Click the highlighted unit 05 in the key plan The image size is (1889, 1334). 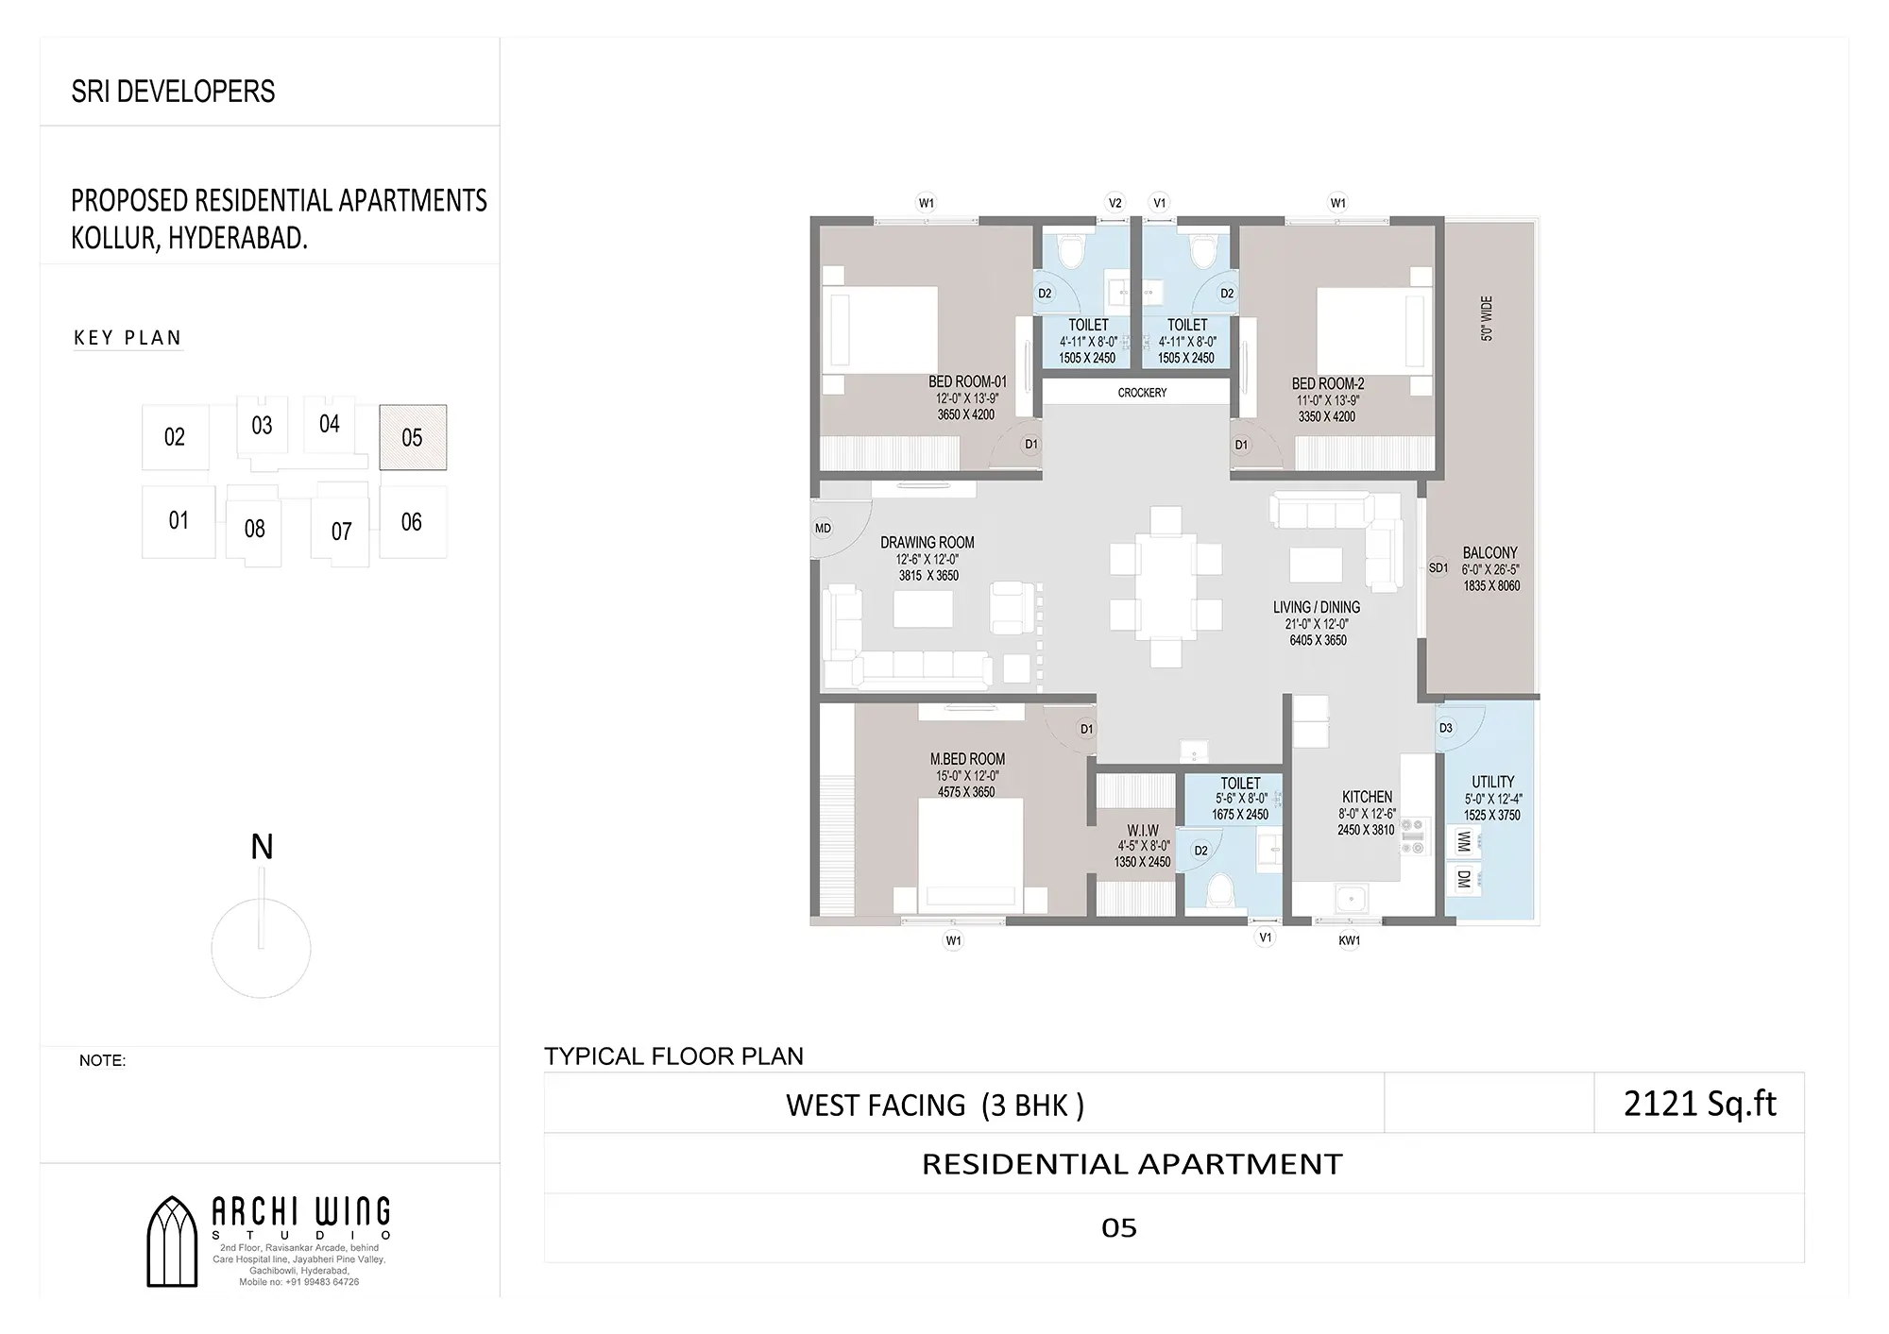point(413,437)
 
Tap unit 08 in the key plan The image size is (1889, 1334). point(254,529)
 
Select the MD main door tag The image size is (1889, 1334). point(823,529)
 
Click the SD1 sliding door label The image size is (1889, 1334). point(1438,568)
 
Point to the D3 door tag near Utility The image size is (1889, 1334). point(1445,728)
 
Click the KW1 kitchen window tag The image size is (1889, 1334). point(1350,940)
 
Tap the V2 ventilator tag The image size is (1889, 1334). point(1115,203)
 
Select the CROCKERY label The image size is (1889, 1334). point(1142,393)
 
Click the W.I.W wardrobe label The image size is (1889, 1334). point(1143,831)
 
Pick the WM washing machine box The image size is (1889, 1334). point(1464,840)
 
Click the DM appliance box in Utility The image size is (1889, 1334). point(1464,880)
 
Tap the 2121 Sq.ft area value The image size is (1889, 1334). point(1699,1104)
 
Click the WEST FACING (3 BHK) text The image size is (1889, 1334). point(935,1106)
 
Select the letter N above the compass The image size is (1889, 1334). point(262,847)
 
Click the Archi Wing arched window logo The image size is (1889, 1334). point(173,1241)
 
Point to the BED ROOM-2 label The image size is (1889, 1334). point(1328,384)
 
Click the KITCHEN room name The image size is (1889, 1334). point(1367,797)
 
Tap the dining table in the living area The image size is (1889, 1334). point(1166,586)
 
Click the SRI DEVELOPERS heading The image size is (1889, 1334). point(174,92)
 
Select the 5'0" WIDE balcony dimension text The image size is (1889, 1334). point(1487,318)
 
